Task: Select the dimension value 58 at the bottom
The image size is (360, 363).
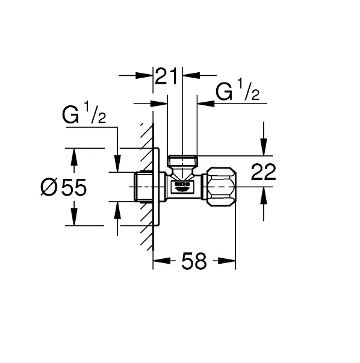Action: click(193, 261)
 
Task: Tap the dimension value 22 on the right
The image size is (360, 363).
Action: click(263, 172)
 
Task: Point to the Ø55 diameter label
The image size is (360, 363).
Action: click(63, 188)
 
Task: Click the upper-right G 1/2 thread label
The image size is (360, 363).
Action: click(238, 92)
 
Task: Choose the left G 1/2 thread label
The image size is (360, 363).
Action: click(84, 114)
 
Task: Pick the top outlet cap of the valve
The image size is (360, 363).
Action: click(182, 161)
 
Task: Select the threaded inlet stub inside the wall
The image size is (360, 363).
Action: click(143, 187)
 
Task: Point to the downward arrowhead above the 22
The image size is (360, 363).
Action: click(262, 148)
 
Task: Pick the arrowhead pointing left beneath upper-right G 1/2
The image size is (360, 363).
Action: click(205, 104)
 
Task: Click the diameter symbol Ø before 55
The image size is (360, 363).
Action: click(49, 188)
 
